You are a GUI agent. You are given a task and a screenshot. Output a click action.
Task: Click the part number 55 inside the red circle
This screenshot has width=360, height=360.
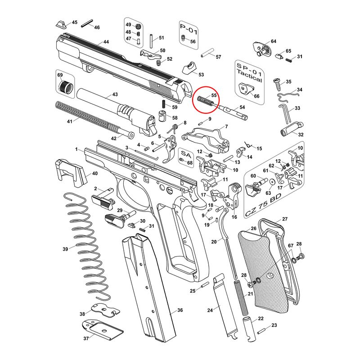point(214,95)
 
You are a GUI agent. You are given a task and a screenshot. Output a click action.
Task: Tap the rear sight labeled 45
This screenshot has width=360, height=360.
point(61,24)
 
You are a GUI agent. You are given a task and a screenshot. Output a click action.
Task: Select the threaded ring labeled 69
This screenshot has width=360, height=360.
point(65,87)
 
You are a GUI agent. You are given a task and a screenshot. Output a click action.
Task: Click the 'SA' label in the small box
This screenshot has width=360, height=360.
point(186,154)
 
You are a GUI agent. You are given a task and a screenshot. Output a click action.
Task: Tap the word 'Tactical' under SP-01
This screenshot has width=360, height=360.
point(249,76)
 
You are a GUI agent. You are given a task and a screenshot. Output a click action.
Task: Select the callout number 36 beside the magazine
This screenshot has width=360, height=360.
point(180,310)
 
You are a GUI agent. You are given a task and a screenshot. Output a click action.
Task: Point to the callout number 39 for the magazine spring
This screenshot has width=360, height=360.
point(65,249)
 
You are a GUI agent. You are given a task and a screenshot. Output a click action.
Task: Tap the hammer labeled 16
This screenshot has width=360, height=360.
point(232,196)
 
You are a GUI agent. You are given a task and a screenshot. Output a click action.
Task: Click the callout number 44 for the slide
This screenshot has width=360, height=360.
point(106,42)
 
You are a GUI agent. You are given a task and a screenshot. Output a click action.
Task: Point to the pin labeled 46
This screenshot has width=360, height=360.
point(87,24)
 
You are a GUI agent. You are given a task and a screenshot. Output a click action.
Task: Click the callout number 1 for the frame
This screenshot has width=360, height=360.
point(76,149)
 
